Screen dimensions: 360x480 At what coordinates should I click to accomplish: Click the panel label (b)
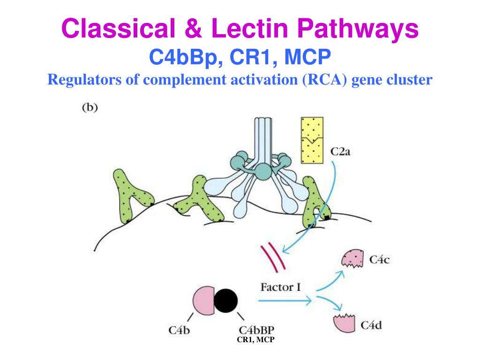tap(90, 107)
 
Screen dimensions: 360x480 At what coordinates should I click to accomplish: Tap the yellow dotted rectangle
tap(313, 140)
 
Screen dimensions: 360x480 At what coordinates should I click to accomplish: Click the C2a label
tap(340, 151)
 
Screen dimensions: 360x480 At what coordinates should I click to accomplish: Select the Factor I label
tap(280, 286)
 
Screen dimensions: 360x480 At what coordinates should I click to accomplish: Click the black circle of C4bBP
tap(225, 300)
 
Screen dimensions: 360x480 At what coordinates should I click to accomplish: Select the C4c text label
tap(379, 259)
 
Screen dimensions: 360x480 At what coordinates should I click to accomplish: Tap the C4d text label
tap(373, 324)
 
